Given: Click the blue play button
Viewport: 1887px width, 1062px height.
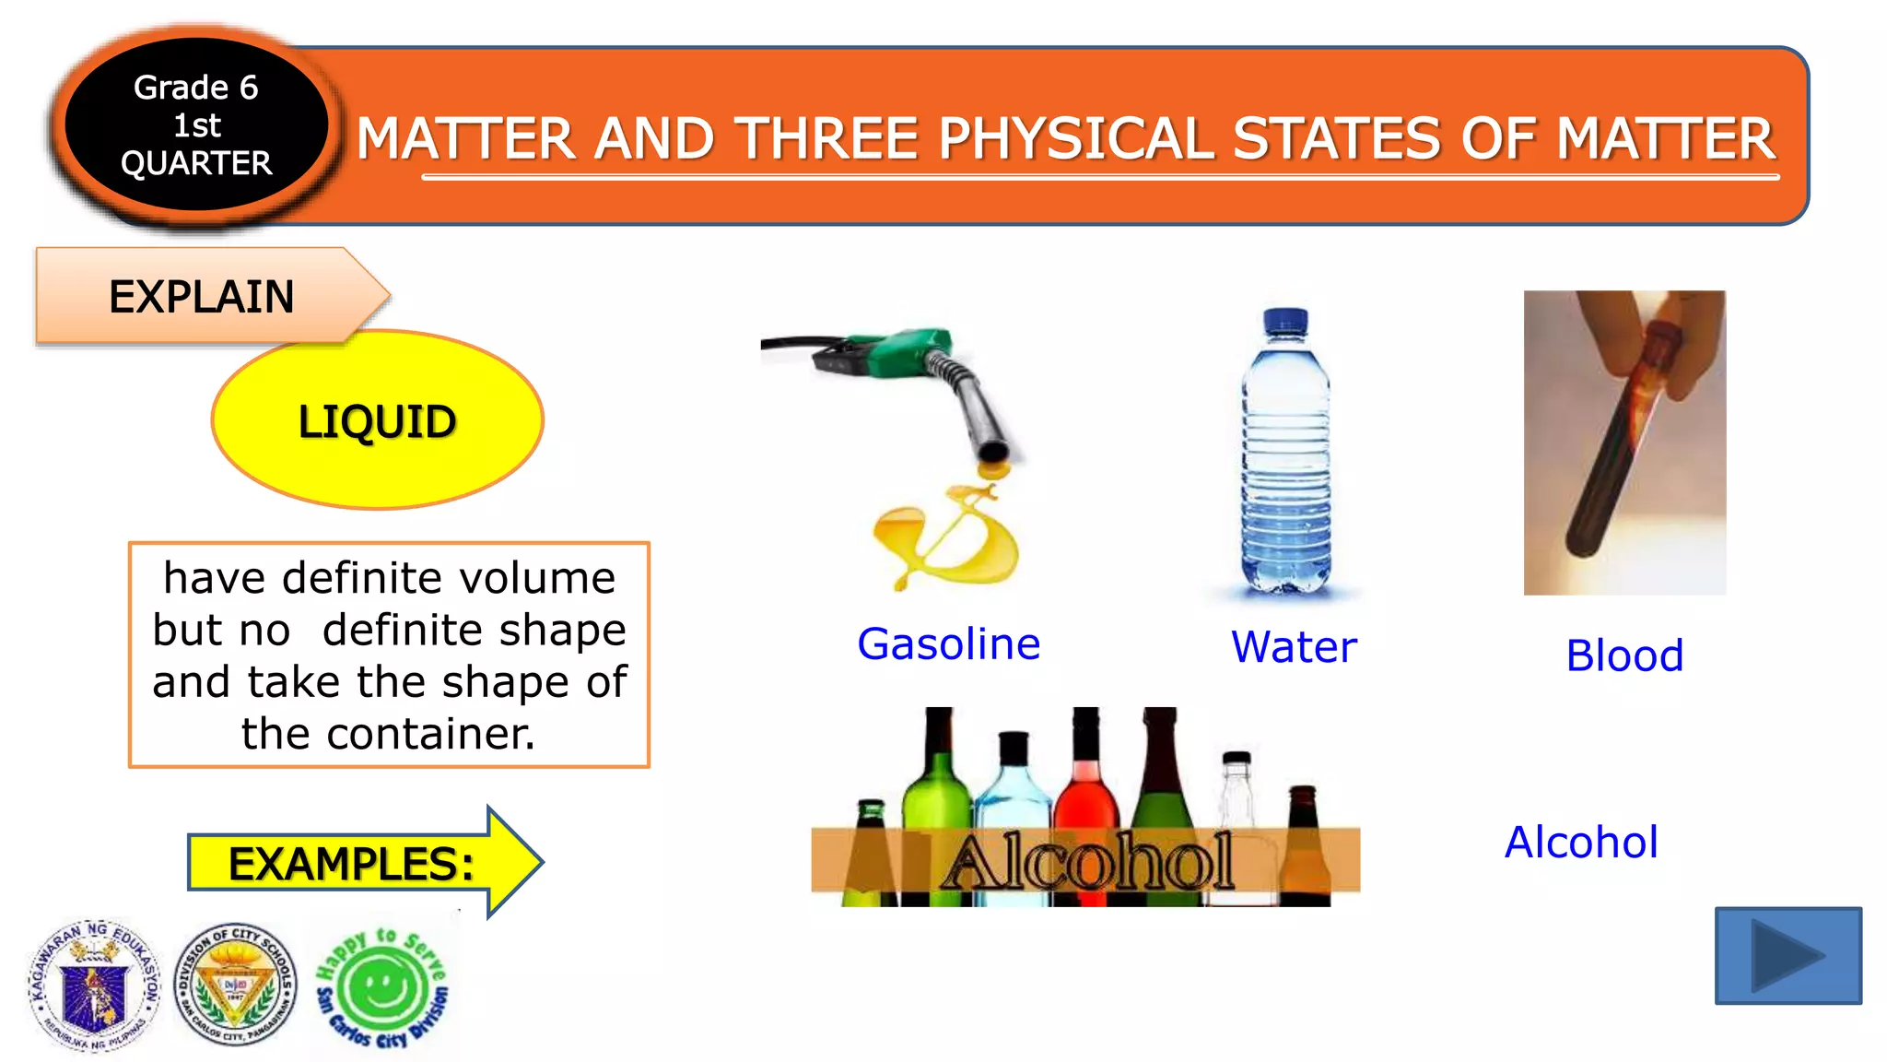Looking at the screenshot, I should point(1787,955).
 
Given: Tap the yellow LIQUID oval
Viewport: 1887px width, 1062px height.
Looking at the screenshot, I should point(377,420).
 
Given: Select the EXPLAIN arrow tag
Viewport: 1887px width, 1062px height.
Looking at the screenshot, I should point(203,297).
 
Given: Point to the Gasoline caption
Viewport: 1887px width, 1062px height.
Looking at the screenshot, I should point(948,643).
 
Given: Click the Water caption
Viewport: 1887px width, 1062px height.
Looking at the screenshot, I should point(1294,646).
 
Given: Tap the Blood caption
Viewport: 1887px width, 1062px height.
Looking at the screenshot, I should point(1624,655).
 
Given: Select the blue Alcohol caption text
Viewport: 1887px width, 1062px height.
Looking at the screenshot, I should point(1581,842).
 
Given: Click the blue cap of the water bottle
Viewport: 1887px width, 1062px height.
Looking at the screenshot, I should point(1285,322).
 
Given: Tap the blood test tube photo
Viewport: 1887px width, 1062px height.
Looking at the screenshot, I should point(1624,442).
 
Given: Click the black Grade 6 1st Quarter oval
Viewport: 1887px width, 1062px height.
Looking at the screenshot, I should point(196,124).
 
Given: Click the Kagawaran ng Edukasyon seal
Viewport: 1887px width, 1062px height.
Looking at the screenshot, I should point(93,985).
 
